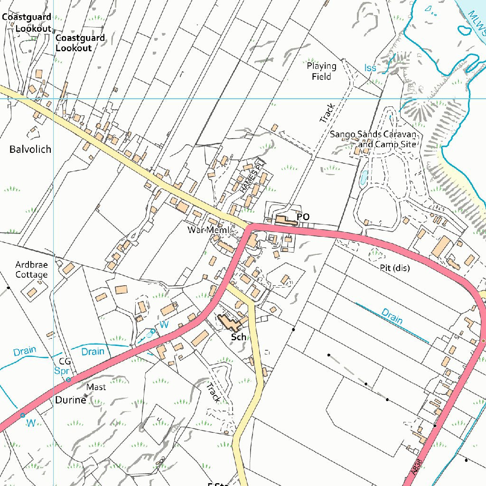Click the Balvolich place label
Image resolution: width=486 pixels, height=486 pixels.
point(30,150)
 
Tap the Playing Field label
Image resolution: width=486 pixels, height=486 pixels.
point(321,71)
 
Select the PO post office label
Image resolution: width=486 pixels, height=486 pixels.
point(303,217)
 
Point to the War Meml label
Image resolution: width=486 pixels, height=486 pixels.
point(208,230)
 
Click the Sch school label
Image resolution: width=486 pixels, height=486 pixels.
point(239,337)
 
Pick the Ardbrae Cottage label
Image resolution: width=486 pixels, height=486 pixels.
point(31,270)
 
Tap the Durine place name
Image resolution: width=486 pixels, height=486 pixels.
point(71,400)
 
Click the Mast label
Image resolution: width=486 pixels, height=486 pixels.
point(96,387)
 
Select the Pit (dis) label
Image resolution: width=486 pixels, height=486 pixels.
point(394,268)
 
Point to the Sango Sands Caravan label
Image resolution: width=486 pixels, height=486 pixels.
point(373,135)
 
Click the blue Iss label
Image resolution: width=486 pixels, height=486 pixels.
point(370,68)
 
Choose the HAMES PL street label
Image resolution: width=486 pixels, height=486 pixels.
point(251,175)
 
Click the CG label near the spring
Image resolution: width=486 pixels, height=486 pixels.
point(65,362)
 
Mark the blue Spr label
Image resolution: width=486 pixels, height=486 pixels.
point(62,371)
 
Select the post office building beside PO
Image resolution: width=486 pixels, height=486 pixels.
point(284,221)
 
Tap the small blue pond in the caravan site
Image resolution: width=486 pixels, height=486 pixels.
point(364,178)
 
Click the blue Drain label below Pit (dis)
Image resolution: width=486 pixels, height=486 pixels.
point(392,317)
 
